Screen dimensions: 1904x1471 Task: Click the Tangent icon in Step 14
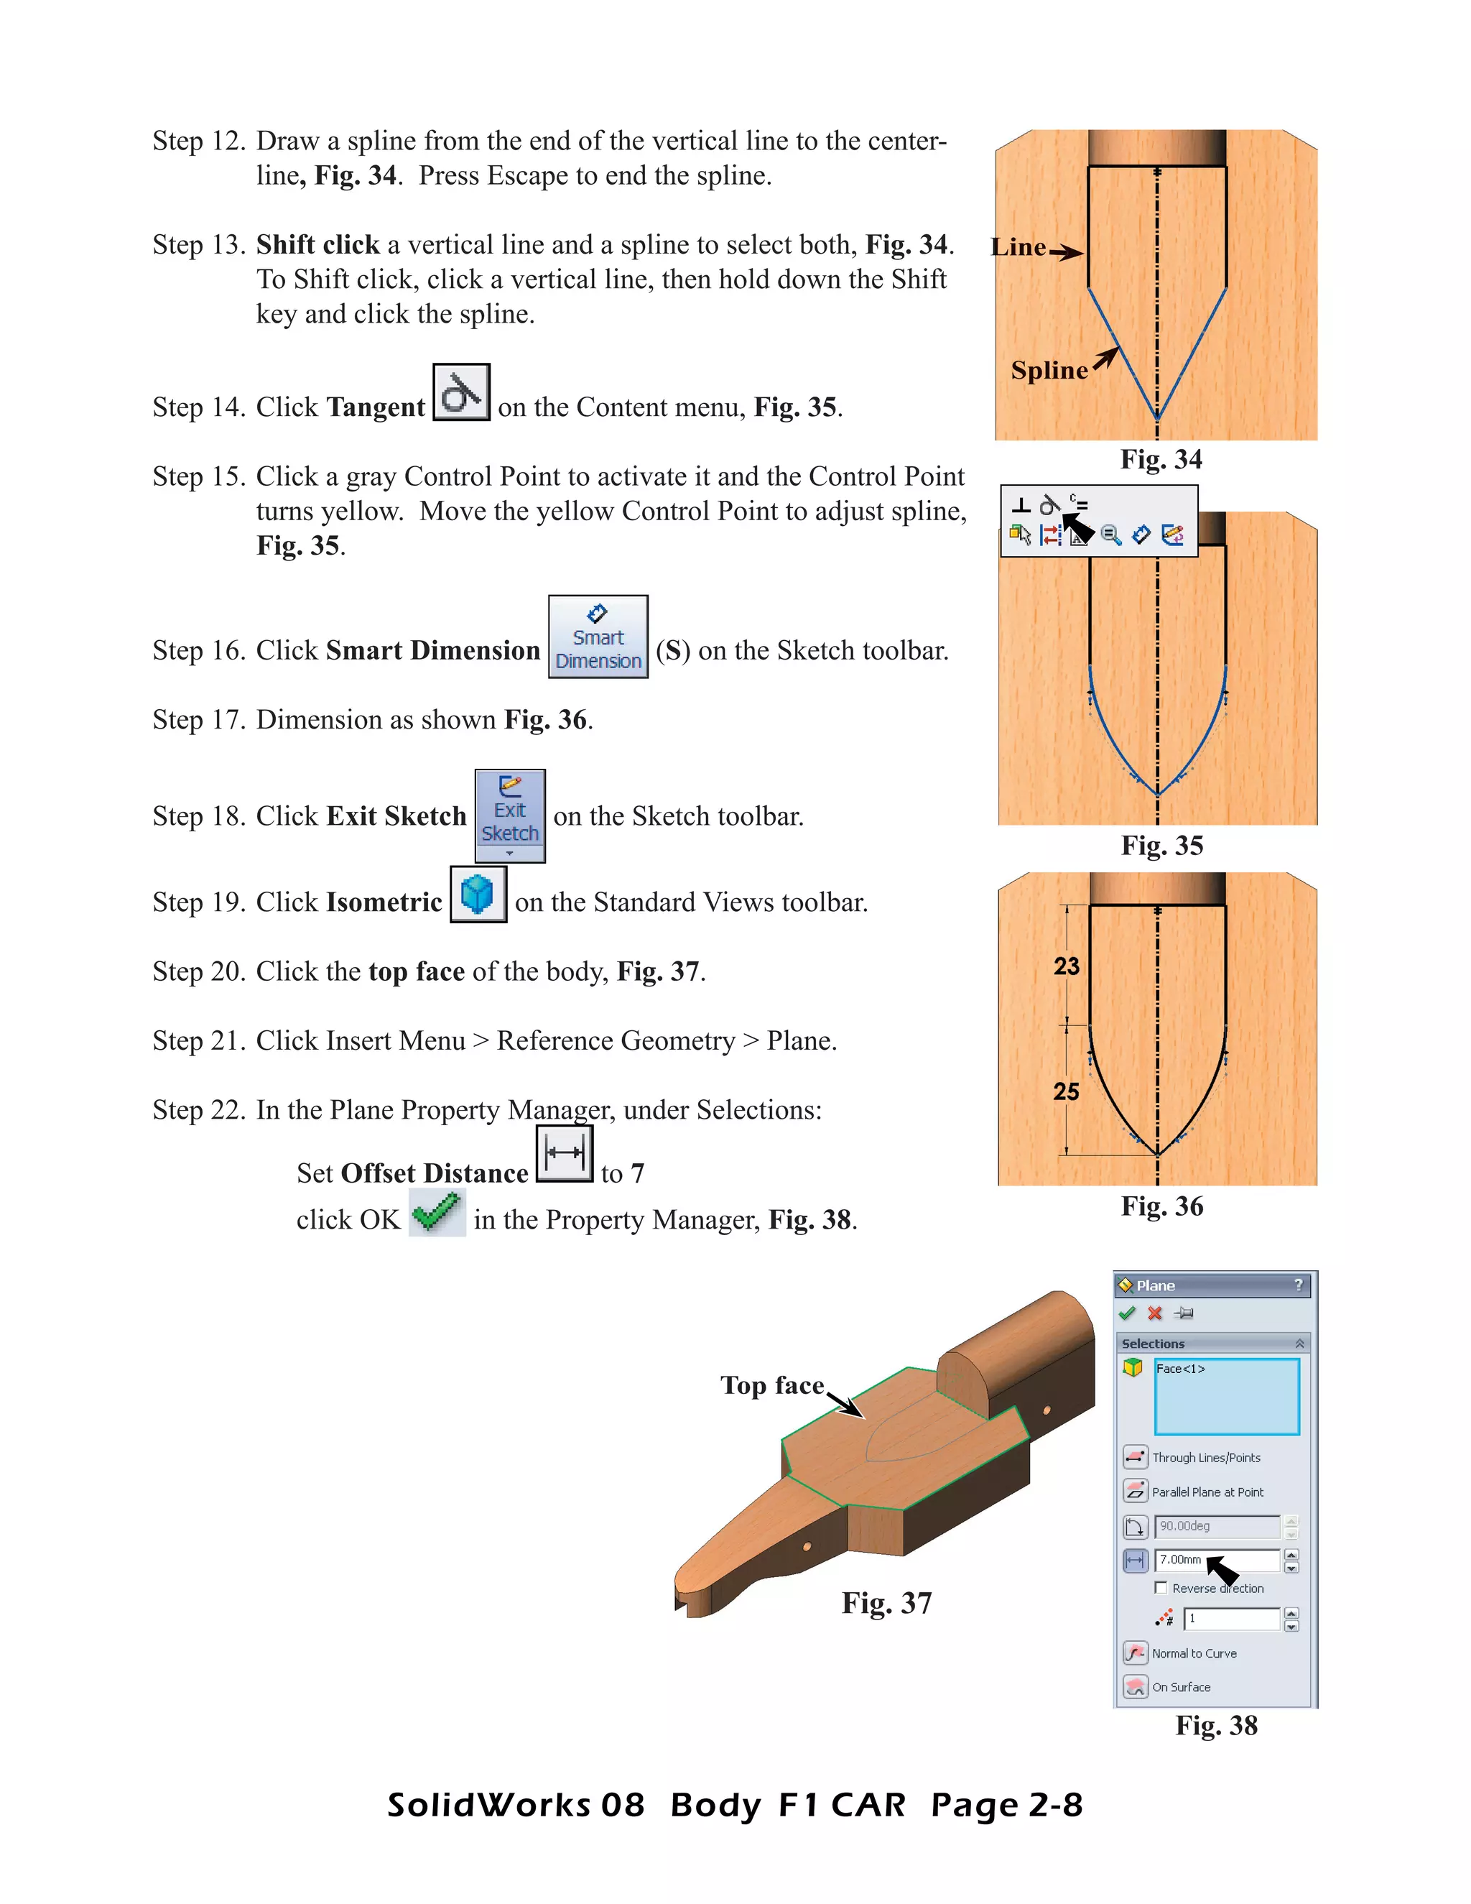[461, 392]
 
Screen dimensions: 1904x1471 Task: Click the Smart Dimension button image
[598, 637]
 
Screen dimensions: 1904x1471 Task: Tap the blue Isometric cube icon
[478, 895]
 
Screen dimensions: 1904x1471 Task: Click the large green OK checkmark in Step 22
[437, 1213]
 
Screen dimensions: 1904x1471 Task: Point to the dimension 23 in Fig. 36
[1066, 966]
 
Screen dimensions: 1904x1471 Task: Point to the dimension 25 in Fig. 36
[1066, 1091]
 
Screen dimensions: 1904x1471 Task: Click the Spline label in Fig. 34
[1049, 371]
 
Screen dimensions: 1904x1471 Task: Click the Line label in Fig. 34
[1018, 248]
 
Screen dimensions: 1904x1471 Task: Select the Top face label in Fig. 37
[772, 1385]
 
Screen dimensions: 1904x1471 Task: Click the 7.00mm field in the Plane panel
[1217, 1560]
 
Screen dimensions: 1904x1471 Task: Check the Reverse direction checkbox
[1161, 1588]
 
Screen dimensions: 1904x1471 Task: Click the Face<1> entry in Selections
[1181, 1369]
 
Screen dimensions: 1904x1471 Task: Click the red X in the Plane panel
[1155, 1313]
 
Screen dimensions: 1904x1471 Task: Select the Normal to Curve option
[1193, 1653]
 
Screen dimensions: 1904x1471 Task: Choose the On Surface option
[1181, 1687]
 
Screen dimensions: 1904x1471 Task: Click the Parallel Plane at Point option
[1206, 1492]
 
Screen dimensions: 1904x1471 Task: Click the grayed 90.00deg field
[1217, 1525]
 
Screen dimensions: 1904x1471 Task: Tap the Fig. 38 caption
[1216, 1725]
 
